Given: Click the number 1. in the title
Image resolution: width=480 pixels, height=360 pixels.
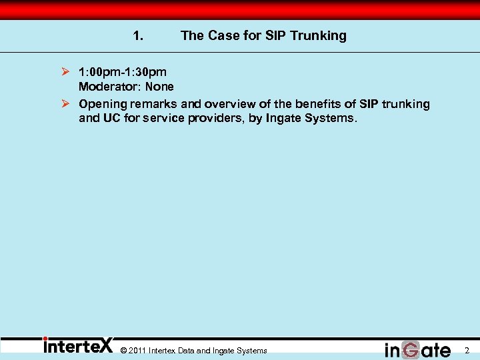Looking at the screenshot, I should [x=138, y=36].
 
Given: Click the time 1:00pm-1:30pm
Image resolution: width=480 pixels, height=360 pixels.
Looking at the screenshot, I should [x=123, y=71].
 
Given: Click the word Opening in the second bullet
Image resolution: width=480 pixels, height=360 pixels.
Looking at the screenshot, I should [x=103, y=104].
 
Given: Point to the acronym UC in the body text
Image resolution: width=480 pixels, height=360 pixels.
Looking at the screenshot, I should [x=111, y=119].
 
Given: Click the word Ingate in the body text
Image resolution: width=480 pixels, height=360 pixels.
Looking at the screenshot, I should [x=287, y=119].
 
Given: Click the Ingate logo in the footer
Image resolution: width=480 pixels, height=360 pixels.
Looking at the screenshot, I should [x=417, y=349].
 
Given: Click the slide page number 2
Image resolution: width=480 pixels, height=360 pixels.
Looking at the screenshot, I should [x=467, y=351].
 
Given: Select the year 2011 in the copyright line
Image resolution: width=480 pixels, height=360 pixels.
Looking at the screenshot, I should [x=137, y=351].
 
